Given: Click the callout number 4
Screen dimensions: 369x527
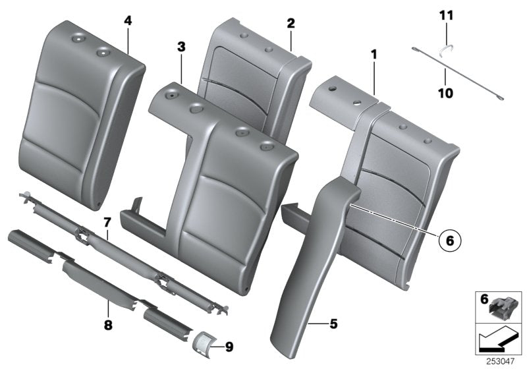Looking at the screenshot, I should click(128, 21).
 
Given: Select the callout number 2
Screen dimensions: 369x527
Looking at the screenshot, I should click(291, 23).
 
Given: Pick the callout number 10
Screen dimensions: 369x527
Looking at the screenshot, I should click(445, 94).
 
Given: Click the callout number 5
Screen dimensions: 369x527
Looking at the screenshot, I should click(333, 324).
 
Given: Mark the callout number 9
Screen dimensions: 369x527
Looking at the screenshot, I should click(229, 345).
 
